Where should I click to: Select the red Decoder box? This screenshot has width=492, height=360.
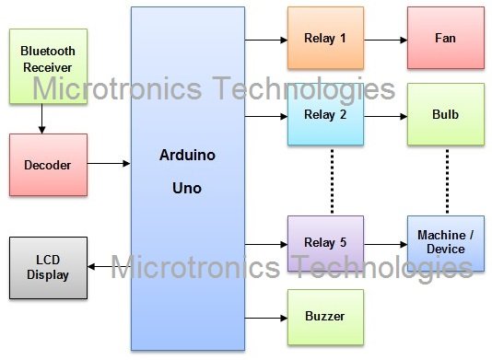48,164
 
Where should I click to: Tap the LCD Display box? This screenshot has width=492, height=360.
48,268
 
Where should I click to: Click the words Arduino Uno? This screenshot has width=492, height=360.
188,170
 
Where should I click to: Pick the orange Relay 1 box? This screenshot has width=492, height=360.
325,39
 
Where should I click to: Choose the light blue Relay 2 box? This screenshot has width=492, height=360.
325,116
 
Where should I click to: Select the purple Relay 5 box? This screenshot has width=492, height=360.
325,243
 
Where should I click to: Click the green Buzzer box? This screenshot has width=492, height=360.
325,317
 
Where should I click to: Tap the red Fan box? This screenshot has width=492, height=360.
445,39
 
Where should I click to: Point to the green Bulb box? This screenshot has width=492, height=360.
445,116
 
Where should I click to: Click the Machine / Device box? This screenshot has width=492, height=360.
447,243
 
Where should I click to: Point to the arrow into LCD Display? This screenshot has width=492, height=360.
109,268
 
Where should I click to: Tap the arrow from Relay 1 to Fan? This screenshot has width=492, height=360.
385,40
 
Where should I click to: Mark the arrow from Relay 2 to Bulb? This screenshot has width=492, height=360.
385,117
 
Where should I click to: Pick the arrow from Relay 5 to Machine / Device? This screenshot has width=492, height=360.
385,244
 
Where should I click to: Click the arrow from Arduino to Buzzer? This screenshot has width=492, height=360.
266,317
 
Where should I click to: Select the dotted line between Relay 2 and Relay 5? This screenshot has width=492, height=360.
329,180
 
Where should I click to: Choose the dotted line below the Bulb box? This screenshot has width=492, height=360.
447,180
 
